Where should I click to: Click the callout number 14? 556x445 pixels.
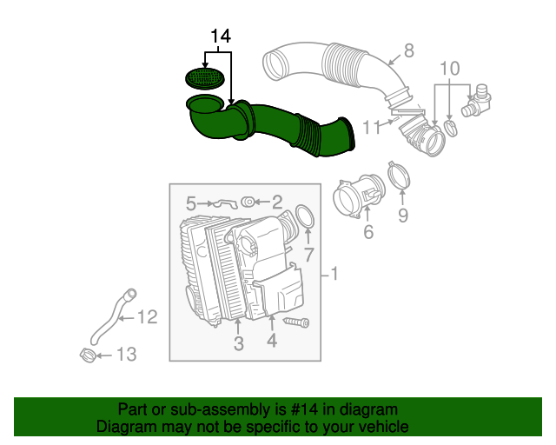pos(221,37)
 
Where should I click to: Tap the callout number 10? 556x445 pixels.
pos(449,69)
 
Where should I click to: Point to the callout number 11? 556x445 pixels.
pos(371,127)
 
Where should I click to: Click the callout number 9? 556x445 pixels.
pos(402,215)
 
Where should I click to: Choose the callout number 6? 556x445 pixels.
pos(367,231)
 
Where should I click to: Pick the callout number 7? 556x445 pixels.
pos(308,255)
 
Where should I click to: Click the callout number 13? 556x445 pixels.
pos(126,354)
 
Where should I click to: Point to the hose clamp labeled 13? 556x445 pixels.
pos(87,355)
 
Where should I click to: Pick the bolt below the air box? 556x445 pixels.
pos(295,322)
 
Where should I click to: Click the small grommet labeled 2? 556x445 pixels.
pos(247,202)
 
